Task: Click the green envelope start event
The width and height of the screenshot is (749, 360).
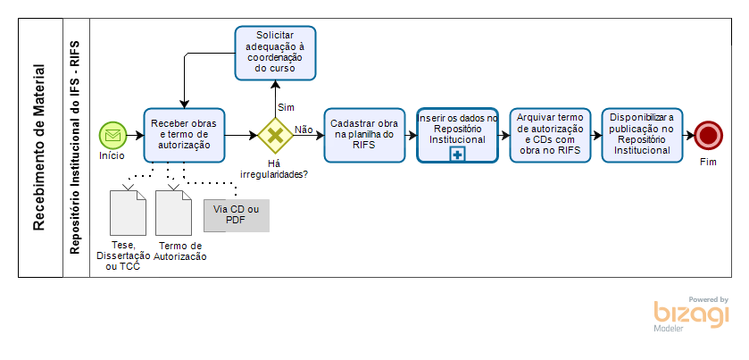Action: coord(112,135)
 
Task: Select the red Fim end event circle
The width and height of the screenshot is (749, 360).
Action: coord(709,135)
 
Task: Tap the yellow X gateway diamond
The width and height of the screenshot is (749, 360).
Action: coord(275,135)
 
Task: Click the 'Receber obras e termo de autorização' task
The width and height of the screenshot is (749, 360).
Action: coord(185,134)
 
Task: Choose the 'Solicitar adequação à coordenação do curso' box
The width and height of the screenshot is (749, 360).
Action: coord(275,51)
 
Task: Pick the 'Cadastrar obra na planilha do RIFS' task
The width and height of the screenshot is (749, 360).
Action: coord(363,134)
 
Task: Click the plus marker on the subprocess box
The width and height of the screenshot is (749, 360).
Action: coord(457,155)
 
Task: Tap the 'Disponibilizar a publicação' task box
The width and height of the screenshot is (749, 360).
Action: coord(642,134)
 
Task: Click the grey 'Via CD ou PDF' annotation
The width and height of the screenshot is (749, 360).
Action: coord(236,215)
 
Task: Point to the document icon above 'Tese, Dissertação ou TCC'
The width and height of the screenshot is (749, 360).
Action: coord(127,213)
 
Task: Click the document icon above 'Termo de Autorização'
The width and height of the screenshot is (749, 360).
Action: coord(174,213)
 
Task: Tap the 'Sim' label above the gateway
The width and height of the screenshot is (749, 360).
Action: coord(287,107)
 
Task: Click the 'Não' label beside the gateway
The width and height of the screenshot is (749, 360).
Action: coord(304,130)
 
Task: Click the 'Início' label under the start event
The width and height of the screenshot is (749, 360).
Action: coord(112,155)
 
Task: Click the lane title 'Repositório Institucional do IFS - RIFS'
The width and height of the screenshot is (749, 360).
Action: coord(75,147)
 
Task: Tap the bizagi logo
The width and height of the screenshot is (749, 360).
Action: coord(691,314)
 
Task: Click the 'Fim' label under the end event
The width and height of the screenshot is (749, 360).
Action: coord(709,162)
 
